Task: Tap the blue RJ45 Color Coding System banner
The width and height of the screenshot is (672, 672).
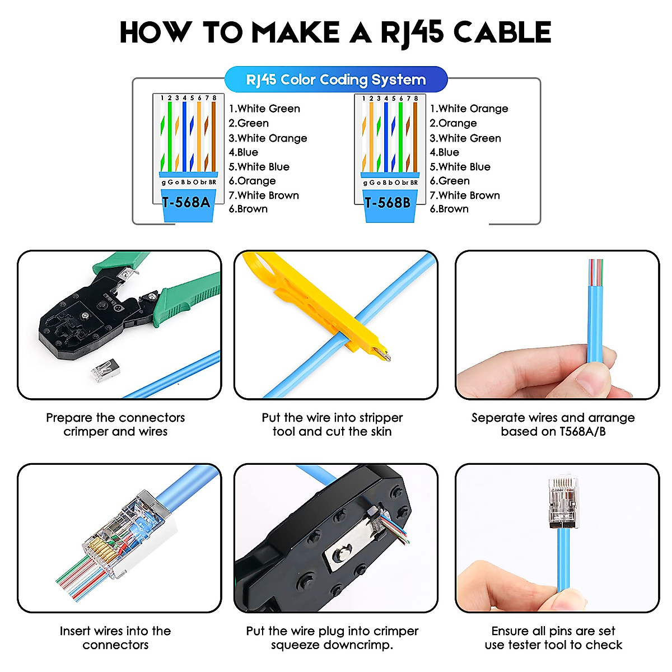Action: pyautogui.click(x=336, y=80)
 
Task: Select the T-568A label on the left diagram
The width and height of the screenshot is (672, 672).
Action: pyautogui.click(x=186, y=202)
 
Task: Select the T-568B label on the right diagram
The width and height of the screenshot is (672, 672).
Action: pyautogui.click(x=388, y=202)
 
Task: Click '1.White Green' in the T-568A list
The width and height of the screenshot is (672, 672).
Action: pyautogui.click(x=264, y=109)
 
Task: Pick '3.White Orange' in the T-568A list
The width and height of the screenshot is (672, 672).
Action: pyautogui.click(x=268, y=138)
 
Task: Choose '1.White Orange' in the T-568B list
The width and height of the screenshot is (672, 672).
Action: pyautogui.click(x=469, y=109)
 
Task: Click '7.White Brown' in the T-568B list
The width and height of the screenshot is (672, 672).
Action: pyautogui.click(x=465, y=195)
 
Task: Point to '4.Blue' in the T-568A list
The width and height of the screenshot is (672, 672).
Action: pyautogui.click(x=244, y=152)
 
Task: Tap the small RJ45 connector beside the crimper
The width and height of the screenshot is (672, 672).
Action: pyautogui.click(x=105, y=371)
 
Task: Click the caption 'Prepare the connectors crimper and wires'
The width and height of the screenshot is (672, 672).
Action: pyautogui.click(x=115, y=424)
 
